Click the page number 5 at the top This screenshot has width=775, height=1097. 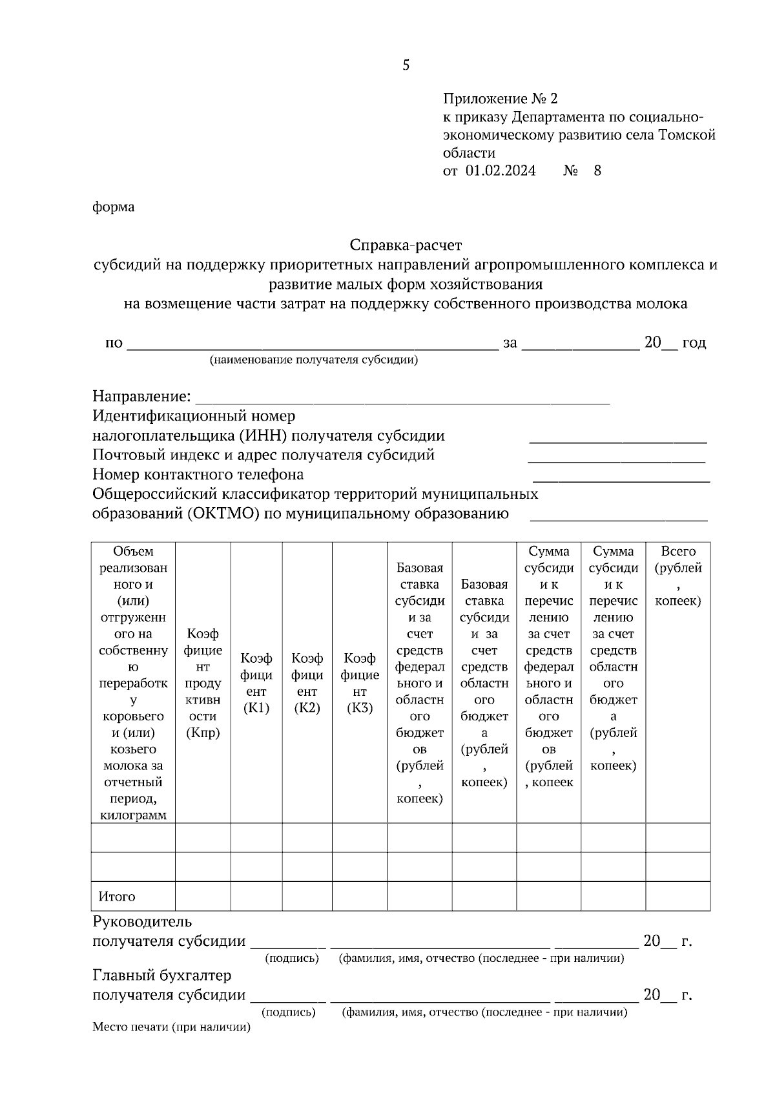coord(406,65)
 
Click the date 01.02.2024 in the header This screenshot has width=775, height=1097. coord(501,171)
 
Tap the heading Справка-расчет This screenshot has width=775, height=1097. coord(406,246)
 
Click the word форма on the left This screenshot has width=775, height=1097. coord(114,207)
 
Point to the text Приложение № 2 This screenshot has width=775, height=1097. coord(499,99)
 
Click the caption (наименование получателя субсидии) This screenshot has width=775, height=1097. coord(313,360)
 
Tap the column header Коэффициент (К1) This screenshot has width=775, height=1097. coord(256,683)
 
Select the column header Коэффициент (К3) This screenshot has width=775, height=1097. coord(360,683)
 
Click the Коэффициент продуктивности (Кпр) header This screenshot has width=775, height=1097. coord(203,683)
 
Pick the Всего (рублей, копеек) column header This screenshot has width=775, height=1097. coord(678,576)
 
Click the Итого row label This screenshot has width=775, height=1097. coord(117,897)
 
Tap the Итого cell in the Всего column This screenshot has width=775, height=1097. coord(678,897)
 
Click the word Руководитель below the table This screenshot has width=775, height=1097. coord(142,921)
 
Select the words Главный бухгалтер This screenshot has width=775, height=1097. coord(161,975)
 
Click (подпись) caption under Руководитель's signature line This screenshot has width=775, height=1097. coord(292,958)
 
